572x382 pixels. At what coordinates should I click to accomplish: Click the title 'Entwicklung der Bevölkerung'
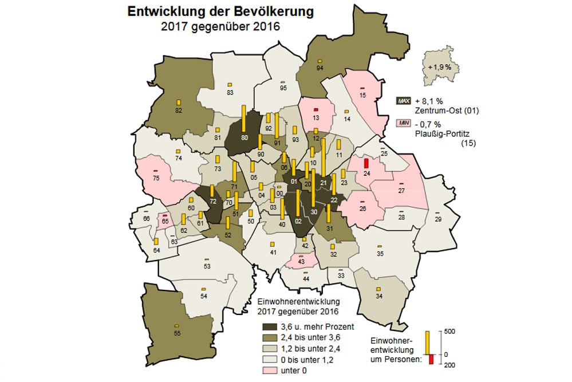point(220,11)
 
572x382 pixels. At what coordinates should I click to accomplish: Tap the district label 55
point(177,333)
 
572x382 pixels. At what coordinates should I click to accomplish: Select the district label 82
point(178,111)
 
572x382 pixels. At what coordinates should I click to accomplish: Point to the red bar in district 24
point(366,163)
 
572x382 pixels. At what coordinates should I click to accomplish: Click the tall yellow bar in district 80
point(243,119)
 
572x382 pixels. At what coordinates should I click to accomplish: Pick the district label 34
point(378,296)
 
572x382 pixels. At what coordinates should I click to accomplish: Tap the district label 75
point(156,179)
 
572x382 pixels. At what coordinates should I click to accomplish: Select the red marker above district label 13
point(315,109)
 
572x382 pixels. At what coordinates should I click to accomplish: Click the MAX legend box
point(404,101)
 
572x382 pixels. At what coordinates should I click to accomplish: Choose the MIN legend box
point(404,123)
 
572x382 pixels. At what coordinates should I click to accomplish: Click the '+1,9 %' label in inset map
point(440,67)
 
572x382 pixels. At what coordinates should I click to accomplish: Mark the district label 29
point(438,220)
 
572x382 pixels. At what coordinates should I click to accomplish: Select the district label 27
point(401,191)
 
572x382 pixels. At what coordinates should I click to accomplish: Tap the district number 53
point(207,267)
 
